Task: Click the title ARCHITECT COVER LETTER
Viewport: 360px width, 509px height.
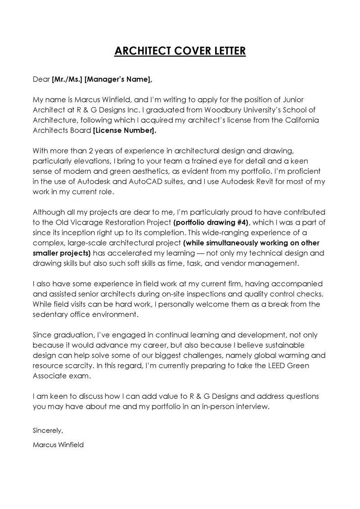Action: [180, 50]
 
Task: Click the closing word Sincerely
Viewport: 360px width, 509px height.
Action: [48, 430]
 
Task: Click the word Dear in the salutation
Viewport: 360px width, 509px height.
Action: [41, 79]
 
